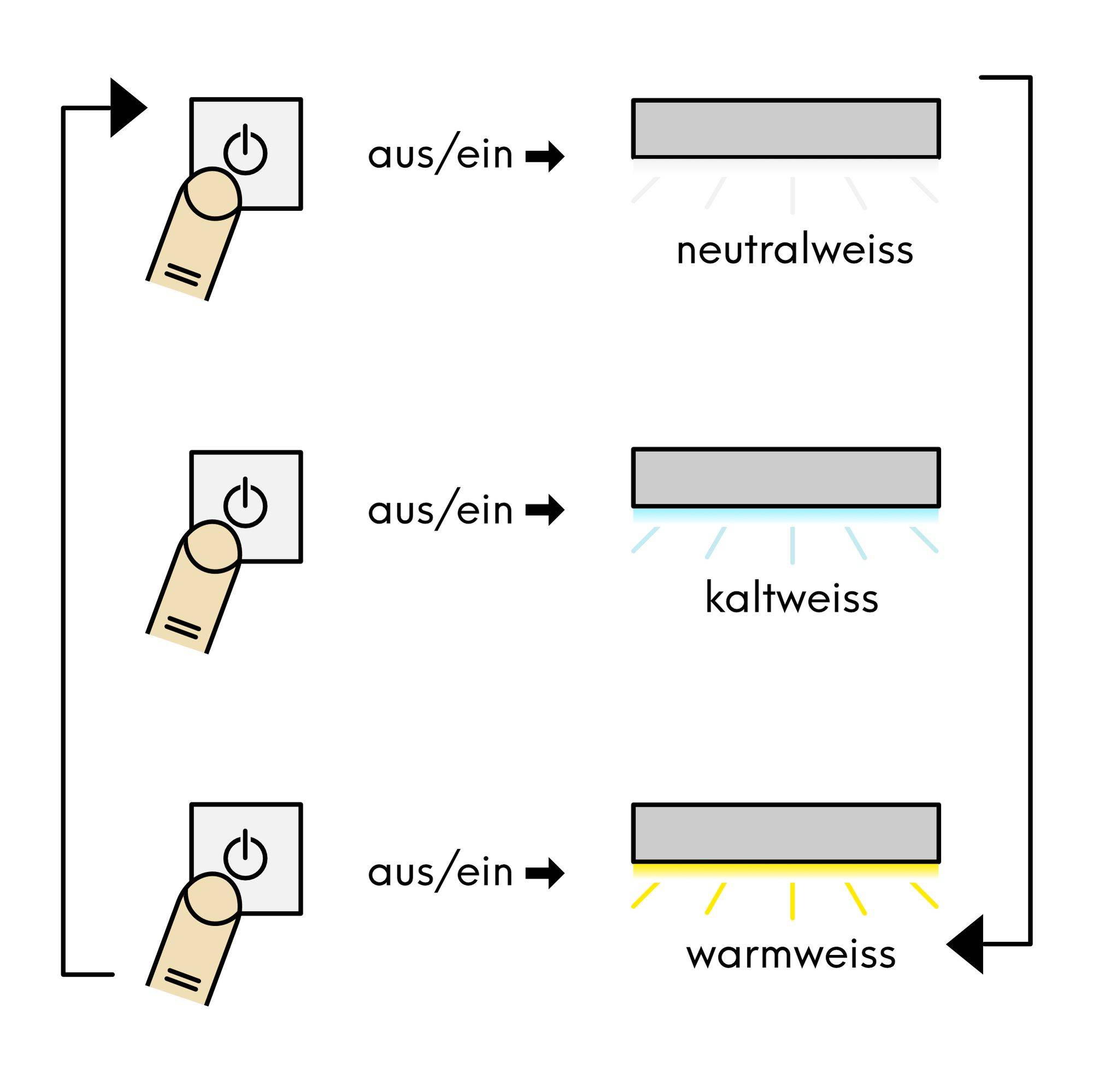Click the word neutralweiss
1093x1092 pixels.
[794, 250]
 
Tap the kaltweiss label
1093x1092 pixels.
[791, 598]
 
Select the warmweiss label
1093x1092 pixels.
[791, 954]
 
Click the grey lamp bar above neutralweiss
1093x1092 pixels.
[786, 129]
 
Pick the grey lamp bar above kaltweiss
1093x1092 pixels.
[786, 478]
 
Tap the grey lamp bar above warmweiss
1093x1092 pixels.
[786, 833]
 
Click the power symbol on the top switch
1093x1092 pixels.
[245, 151]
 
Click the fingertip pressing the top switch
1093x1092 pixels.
[212, 193]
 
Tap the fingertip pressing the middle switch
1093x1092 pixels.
[212, 546]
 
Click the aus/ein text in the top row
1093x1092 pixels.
[440, 155]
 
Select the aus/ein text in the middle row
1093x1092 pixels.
[440, 510]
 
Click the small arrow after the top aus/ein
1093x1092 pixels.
[545, 156]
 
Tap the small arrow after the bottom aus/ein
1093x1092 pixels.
[545, 873]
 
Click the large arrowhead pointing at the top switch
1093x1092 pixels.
[126, 108]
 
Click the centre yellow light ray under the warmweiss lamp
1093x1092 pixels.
[792, 900]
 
